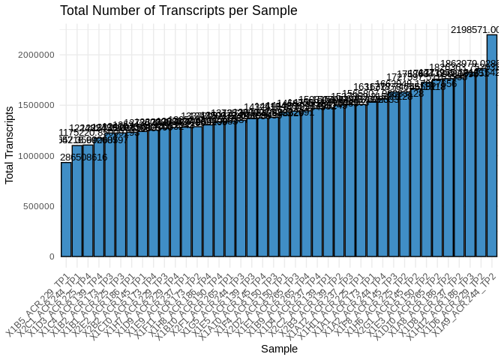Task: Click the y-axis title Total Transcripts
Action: (x=10, y=145)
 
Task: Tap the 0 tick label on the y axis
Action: (x=51, y=256)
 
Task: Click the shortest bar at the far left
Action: (x=66, y=210)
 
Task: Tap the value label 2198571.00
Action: (x=475, y=29)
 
